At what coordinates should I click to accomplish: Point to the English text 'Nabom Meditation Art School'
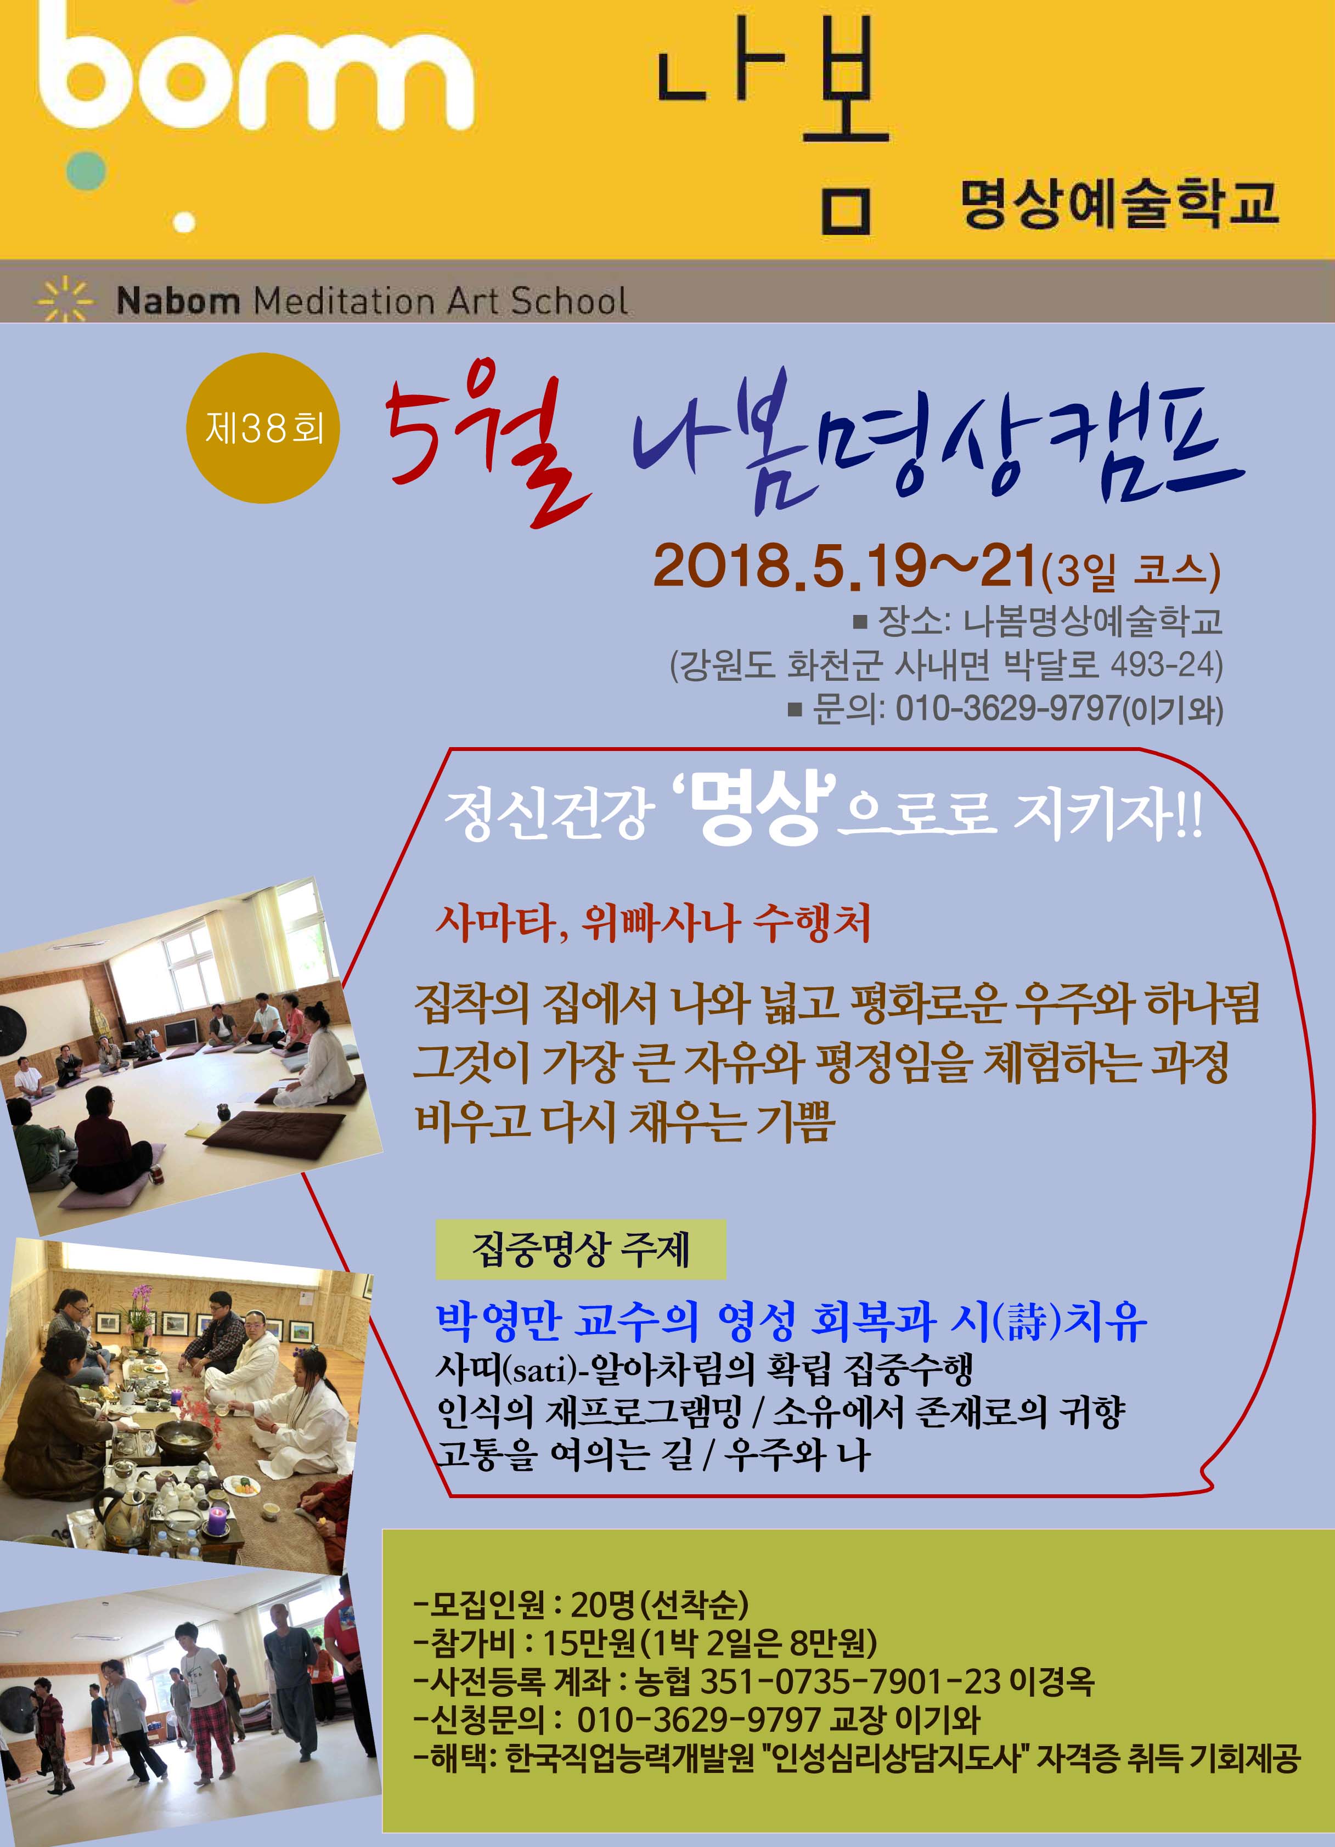[x=372, y=301]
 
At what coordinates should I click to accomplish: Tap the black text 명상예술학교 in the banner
[x=1118, y=205]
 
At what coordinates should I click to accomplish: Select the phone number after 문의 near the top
[x=1009, y=709]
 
